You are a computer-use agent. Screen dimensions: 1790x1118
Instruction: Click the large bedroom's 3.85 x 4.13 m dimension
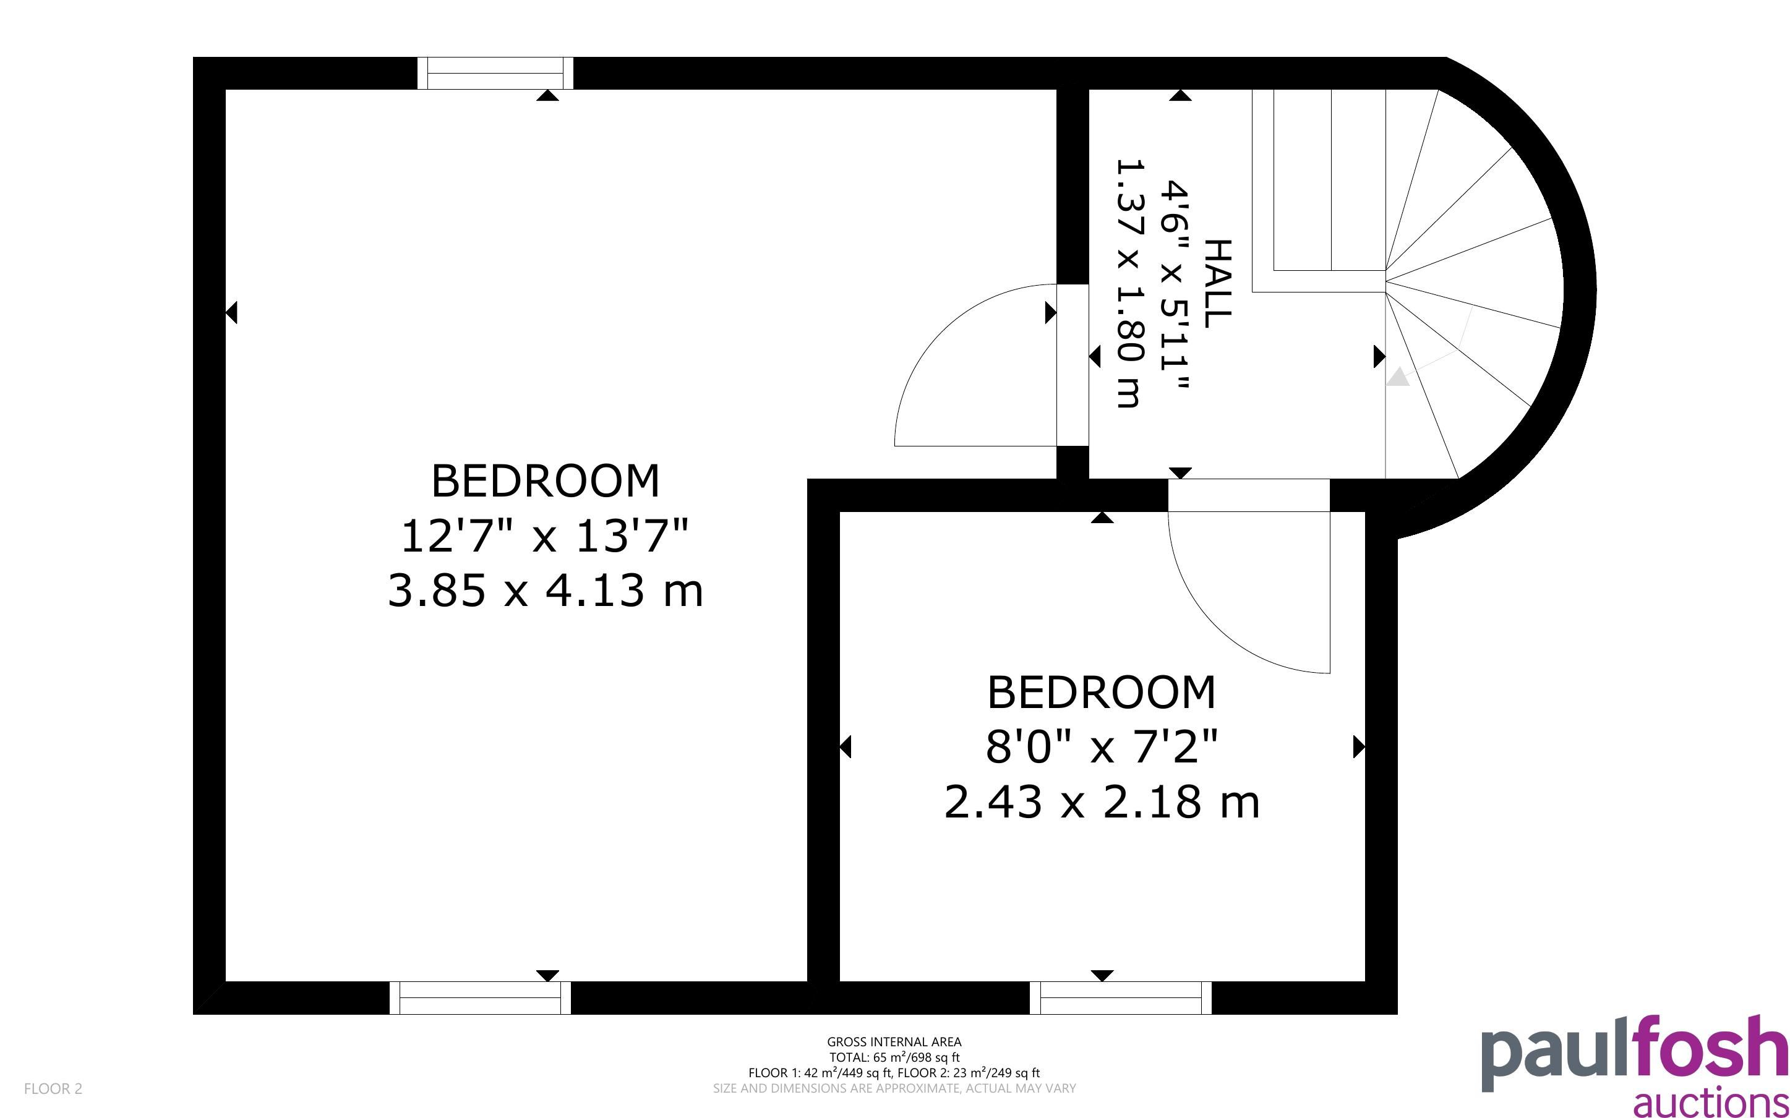(x=546, y=592)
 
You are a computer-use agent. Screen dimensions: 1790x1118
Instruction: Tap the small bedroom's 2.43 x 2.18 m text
(x=1102, y=802)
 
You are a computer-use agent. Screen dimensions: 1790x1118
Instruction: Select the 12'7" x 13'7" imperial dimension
(x=545, y=536)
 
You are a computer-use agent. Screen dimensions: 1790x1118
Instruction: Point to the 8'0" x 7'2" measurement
(x=1102, y=747)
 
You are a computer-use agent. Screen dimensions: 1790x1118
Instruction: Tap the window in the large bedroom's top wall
(x=495, y=73)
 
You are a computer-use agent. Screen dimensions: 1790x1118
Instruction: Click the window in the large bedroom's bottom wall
(x=481, y=997)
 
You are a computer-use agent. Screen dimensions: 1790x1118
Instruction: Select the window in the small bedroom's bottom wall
(x=1121, y=997)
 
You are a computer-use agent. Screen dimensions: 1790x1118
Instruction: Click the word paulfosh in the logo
(x=1635, y=1053)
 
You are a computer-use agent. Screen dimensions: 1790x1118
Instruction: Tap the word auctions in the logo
(x=1711, y=1102)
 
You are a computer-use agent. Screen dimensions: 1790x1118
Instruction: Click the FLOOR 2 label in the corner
(x=53, y=1088)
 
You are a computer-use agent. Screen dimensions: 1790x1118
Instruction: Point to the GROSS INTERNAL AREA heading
(x=894, y=1042)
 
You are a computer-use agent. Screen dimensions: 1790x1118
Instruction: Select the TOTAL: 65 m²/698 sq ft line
(x=894, y=1057)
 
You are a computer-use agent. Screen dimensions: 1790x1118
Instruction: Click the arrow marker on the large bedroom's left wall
(x=231, y=313)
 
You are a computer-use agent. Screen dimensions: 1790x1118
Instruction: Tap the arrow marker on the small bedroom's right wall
(x=1359, y=747)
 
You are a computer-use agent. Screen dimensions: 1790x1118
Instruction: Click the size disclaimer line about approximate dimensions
(x=894, y=1088)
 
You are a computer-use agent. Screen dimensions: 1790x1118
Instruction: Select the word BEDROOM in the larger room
(x=545, y=480)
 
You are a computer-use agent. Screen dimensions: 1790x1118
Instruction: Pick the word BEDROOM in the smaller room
(x=1102, y=692)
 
